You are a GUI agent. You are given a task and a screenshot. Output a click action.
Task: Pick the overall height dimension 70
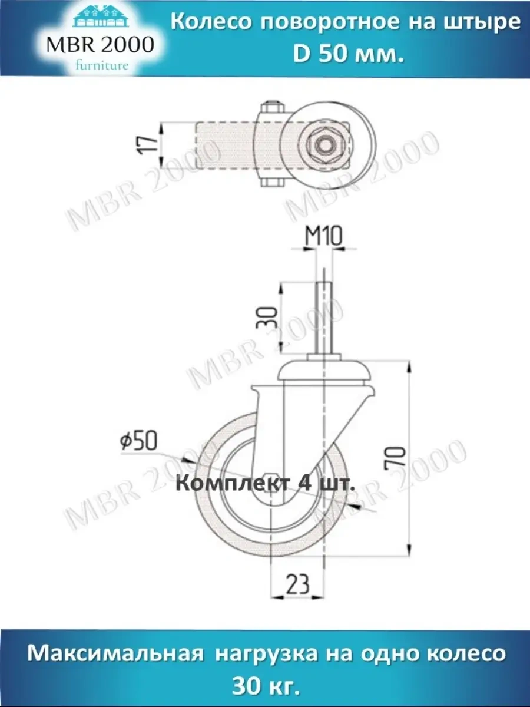coord(398,457)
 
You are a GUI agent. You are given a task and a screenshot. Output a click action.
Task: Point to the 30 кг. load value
coord(266,686)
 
